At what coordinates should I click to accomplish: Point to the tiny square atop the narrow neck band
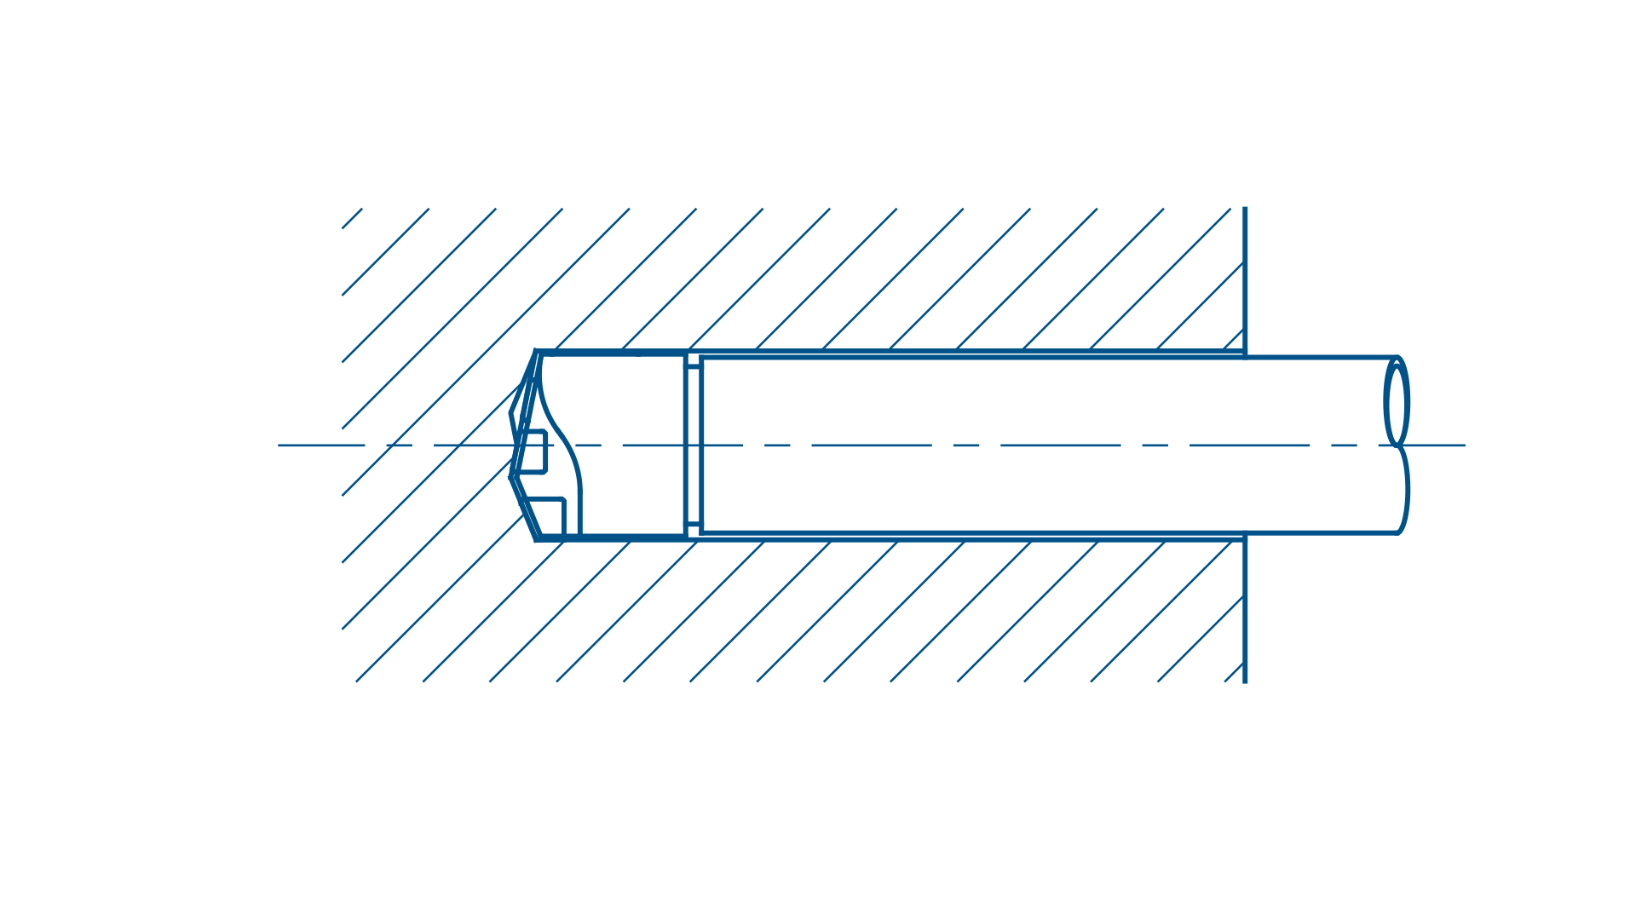(693, 360)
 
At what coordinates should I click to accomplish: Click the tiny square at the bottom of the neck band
(693, 529)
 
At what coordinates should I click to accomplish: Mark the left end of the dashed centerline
(279, 445)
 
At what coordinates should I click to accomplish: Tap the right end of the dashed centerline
(1464, 445)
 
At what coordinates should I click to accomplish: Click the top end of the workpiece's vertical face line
(1245, 208)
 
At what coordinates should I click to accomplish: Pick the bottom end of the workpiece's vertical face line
(1245, 681)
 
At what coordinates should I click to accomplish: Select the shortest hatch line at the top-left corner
(352, 218)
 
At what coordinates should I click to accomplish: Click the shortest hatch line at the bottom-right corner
(1234, 672)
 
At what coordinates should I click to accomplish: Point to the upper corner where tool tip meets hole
(536, 351)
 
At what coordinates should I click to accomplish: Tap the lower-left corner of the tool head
(537, 539)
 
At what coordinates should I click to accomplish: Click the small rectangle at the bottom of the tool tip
(550, 516)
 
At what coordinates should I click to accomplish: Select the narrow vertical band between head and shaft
(693, 445)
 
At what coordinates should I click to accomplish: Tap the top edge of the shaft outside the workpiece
(1321, 357)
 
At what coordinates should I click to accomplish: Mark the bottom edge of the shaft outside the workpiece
(1321, 533)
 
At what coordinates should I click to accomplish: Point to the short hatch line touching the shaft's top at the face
(1234, 340)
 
